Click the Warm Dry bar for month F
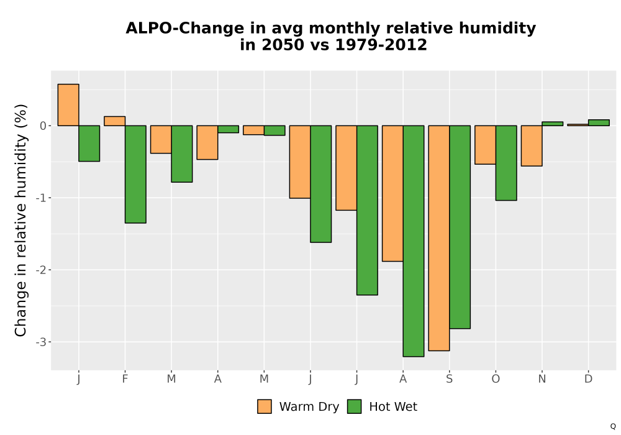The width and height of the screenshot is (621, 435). coord(114,121)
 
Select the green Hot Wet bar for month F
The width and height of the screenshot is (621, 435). coord(135,175)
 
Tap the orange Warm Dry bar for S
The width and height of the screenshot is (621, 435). coord(439,238)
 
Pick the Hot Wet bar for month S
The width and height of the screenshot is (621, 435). coord(460,227)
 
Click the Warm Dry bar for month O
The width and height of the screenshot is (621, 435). coord(485,145)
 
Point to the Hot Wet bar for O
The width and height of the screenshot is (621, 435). coord(506,163)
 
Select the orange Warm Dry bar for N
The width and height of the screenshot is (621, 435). coord(532,146)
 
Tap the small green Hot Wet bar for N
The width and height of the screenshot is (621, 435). coord(553,124)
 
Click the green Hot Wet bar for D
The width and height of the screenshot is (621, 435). coord(599,123)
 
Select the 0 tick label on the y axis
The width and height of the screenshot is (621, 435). coord(43,126)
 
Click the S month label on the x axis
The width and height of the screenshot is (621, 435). coord(449,379)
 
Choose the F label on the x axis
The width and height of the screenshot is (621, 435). coord(125,379)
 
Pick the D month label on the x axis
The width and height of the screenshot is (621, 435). coord(589,379)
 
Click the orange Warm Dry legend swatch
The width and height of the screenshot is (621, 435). coord(265,406)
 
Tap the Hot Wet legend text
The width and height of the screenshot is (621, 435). coord(393,407)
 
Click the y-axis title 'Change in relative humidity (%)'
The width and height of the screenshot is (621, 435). coord(20,220)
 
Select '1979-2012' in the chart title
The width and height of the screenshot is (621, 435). coord(381,45)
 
